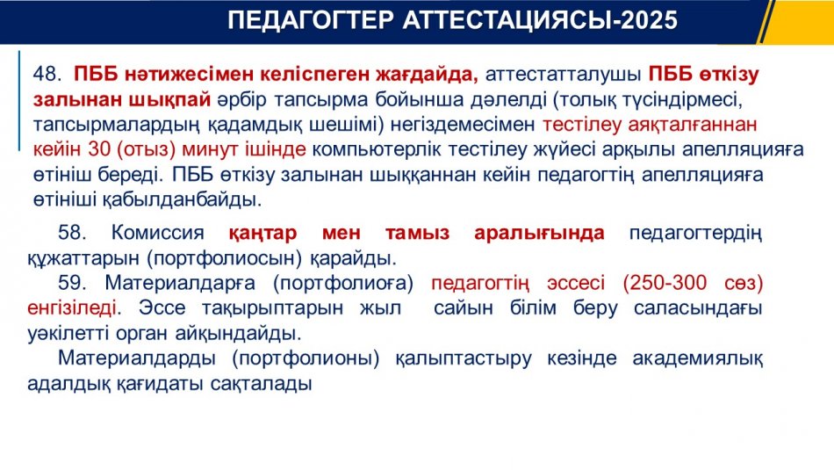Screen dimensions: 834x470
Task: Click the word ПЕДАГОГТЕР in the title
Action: click(x=311, y=20)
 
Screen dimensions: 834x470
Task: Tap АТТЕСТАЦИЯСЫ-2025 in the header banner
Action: click(x=540, y=20)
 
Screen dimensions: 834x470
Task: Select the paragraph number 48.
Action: click(x=47, y=74)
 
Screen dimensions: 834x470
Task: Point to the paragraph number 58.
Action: click(x=72, y=233)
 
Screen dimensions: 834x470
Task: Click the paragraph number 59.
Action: click(x=72, y=283)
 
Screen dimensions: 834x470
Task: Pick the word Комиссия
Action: click(x=157, y=233)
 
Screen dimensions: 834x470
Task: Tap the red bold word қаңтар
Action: click(x=262, y=233)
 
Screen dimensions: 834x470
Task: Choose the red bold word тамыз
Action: click(x=418, y=233)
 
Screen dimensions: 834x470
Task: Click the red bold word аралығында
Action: click(x=539, y=233)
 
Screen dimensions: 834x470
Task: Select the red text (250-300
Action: click(x=665, y=283)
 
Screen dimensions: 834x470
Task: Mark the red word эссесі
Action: click(x=576, y=283)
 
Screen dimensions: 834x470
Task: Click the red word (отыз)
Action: click(x=146, y=149)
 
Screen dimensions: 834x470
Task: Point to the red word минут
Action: click(x=210, y=150)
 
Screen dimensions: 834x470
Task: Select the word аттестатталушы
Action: click(x=564, y=75)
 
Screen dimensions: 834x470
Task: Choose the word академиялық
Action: click(x=697, y=358)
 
